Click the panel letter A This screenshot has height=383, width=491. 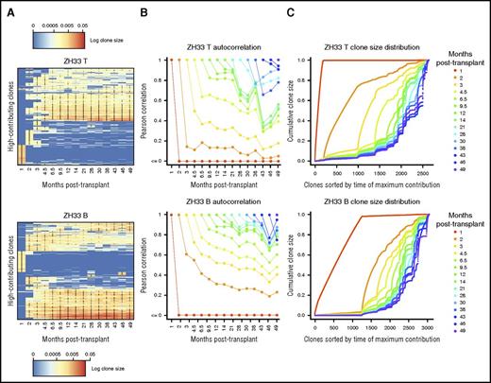click(x=8, y=8)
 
